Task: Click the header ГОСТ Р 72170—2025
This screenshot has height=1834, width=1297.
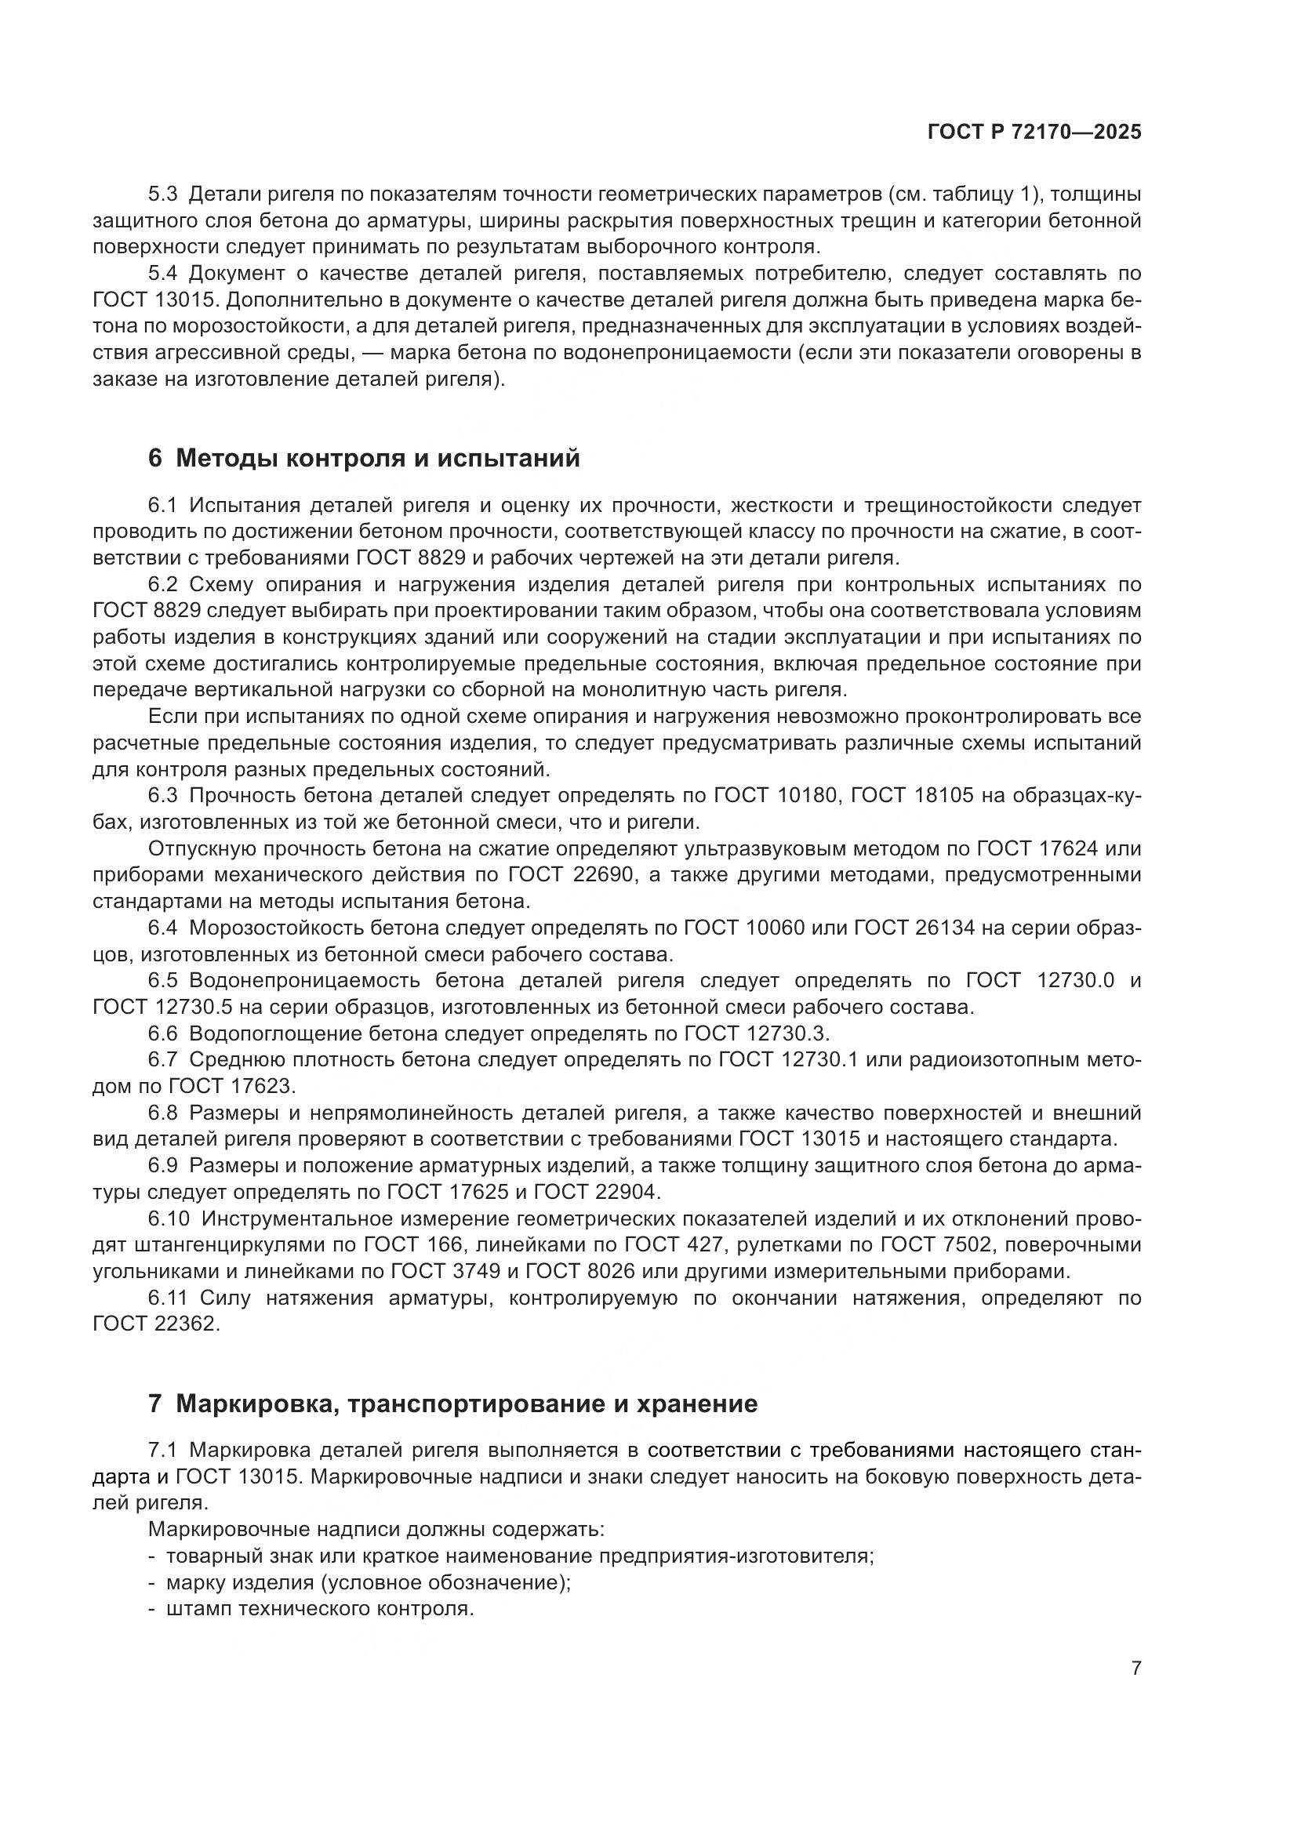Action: (1034, 133)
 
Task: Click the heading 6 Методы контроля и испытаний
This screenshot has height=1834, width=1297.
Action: (364, 459)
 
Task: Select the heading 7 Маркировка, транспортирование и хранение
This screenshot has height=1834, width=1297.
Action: (452, 1404)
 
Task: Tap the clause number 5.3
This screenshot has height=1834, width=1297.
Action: (164, 194)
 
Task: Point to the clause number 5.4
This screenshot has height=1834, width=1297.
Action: (164, 273)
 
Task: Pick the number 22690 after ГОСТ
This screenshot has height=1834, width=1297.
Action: (605, 875)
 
